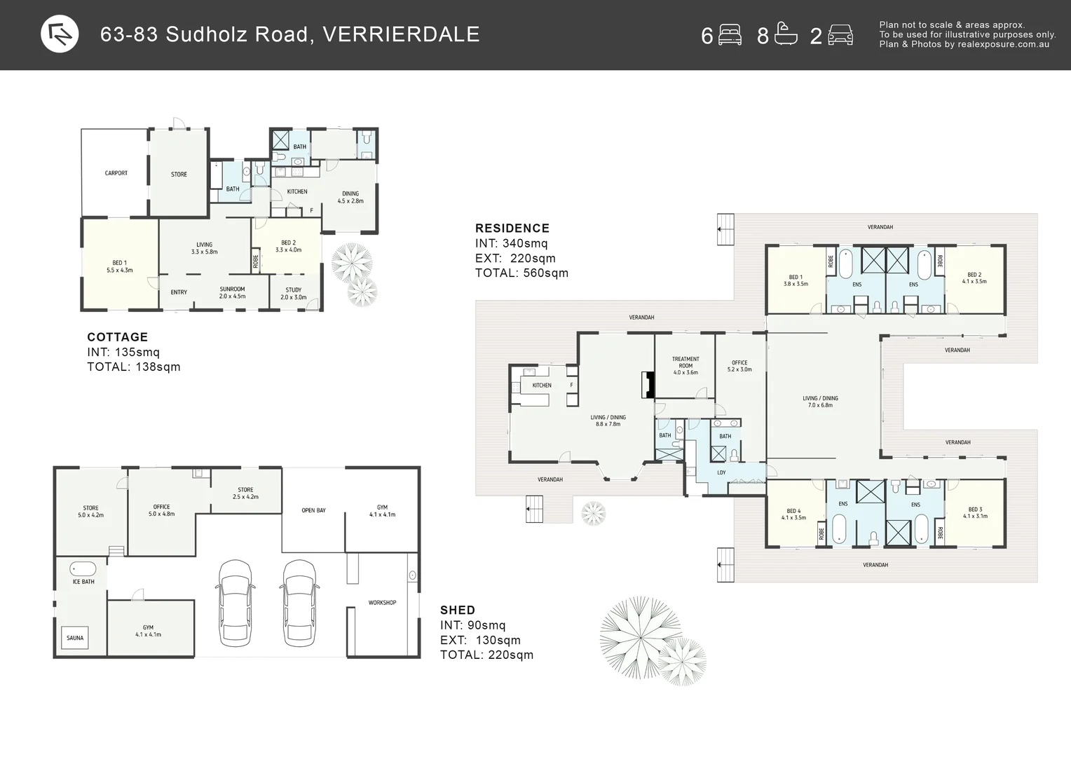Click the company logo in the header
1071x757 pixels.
pos(60,34)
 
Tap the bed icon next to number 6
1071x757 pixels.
pos(730,34)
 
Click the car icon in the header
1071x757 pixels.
pos(840,34)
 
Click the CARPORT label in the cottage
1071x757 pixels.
pos(116,173)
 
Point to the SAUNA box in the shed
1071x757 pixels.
pos(75,638)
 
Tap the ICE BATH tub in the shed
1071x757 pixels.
pos(83,568)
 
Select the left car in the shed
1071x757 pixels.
pos(236,602)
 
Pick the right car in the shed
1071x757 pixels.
pos(299,602)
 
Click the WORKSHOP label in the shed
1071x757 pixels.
pos(382,603)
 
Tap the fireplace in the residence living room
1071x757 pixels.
pos(648,385)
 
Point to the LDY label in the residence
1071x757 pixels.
pos(721,472)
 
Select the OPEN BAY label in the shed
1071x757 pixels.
pos(313,510)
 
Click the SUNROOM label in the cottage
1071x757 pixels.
pos(232,289)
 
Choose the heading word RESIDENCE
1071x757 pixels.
pos(512,228)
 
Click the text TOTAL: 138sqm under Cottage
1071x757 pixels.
pos(133,367)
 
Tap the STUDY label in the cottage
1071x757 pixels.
pos(294,289)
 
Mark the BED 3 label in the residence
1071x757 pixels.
pos(975,510)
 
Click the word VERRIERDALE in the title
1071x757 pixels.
pos(401,34)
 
